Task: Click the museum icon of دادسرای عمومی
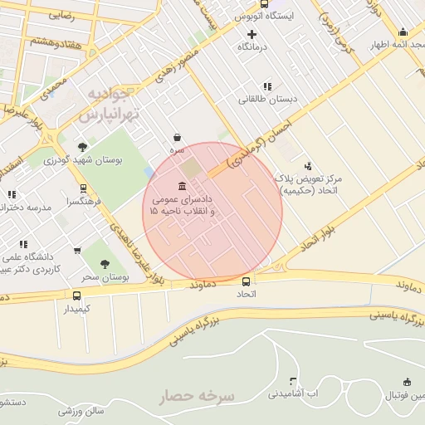[x=182, y=185]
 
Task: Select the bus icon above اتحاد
[x=246, y=281]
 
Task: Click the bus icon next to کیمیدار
[x=77, y=296]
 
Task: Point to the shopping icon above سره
[x=177, y=138]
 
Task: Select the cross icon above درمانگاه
[x=252, y=34]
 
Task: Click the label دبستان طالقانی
[x=267, y=100]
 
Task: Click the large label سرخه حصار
[x=198, y=397]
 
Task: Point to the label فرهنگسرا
[x=86, y=202]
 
